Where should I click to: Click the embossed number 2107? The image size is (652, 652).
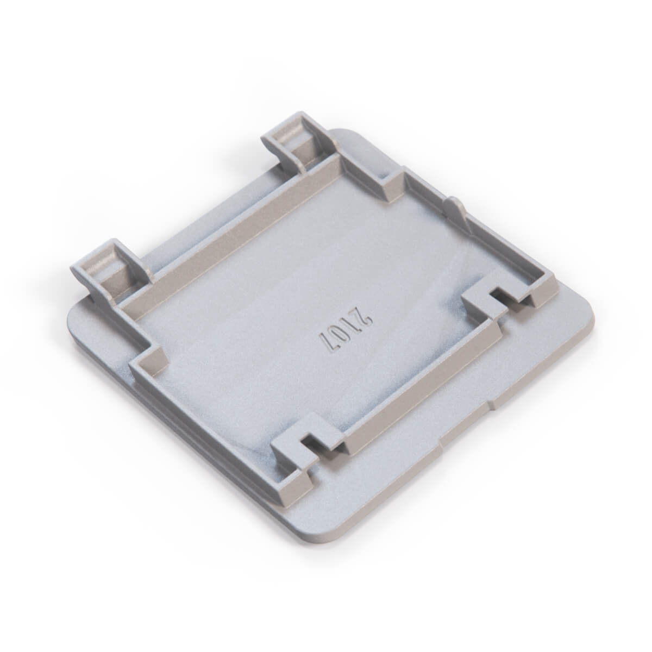(x=345, y=328)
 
